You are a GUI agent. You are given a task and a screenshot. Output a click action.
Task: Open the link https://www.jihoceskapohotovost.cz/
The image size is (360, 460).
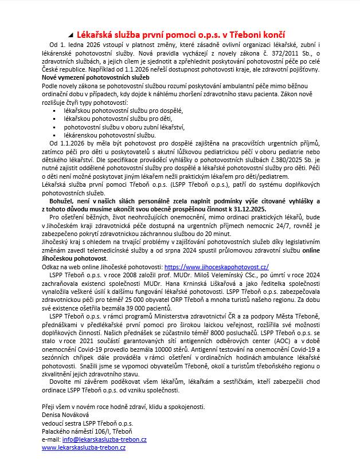[216, 266]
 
